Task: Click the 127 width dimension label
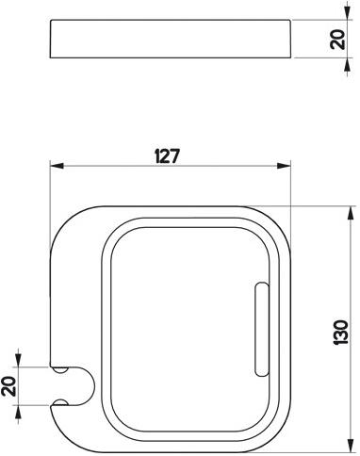167,156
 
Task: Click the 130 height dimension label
340,333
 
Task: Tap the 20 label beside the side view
338,40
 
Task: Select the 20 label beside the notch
8,385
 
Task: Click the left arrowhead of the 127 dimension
57,166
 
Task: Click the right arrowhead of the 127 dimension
284,166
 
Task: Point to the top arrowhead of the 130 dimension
349,213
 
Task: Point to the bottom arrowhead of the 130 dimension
349,447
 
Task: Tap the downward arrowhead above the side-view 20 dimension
347,13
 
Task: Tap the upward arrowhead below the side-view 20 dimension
347,65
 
